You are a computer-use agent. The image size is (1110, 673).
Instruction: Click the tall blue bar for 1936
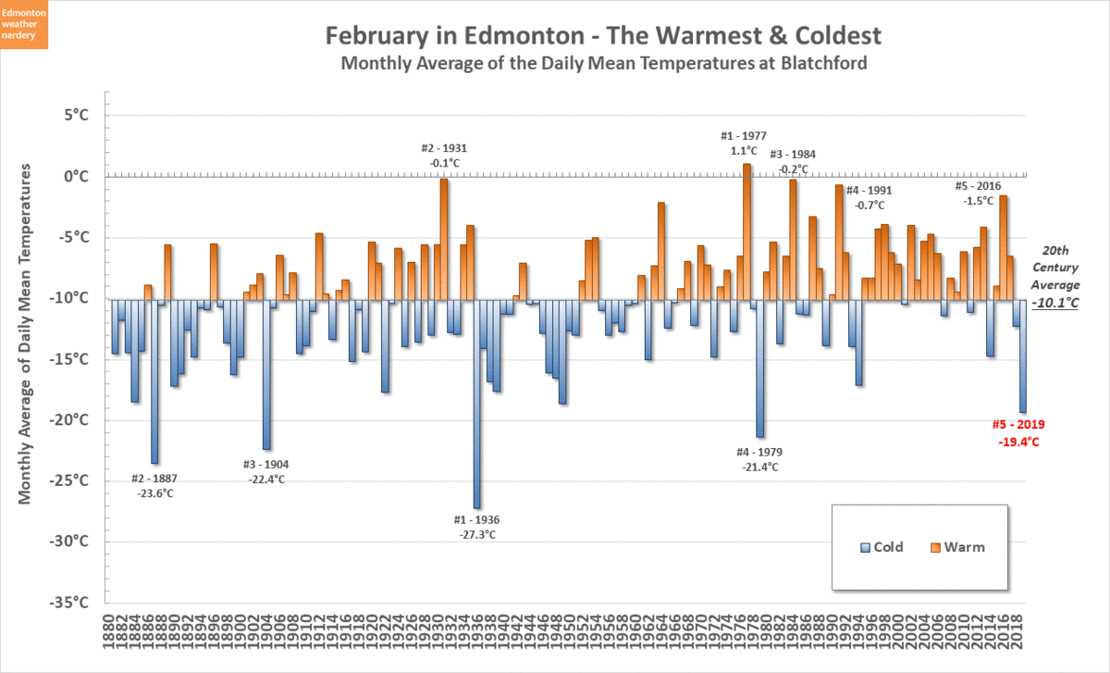pos(476,404)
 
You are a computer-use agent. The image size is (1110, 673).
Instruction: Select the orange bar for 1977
pos(747,231)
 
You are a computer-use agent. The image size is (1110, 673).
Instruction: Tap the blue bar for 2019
pos(1023,356)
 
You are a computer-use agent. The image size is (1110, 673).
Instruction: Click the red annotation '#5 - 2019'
pos(1018,425)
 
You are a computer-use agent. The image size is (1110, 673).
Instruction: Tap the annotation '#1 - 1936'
pos(476,519)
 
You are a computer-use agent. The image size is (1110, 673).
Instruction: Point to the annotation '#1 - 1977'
pos(744,135)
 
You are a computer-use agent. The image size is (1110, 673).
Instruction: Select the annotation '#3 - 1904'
pos(266,464)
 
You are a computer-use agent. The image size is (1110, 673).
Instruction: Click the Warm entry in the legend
pos(956,547)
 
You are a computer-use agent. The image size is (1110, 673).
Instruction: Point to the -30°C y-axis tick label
pos(70,542)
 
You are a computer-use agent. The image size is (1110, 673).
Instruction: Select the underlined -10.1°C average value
pos(1056,303)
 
